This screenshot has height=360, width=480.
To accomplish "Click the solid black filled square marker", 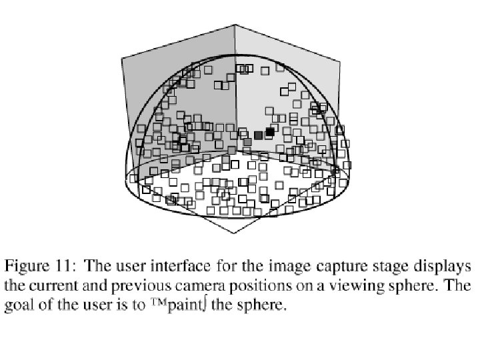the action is click(x=270, y=132).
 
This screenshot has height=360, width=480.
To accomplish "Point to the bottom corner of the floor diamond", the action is click(x=235, y=233).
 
